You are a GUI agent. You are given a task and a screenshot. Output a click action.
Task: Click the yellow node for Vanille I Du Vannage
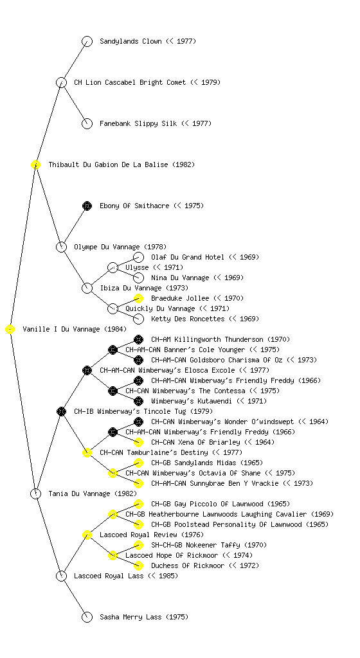click(10, 330)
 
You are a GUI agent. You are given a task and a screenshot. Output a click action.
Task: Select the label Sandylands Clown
click(130, 41)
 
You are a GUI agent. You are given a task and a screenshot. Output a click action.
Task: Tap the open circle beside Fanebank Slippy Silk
click(87, 124)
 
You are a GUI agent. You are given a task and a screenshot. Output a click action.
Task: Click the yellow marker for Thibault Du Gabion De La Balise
click(35, 165)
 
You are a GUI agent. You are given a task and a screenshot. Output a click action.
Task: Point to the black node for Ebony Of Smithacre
click(87, 206)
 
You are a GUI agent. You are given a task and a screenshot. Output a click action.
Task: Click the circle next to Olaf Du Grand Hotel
click(138, 257)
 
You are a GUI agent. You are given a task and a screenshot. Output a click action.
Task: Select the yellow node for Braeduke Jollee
click(138, 298)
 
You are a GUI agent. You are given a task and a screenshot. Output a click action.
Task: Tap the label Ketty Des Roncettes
click(188, 319)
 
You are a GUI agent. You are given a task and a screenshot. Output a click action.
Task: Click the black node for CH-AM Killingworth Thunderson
click(138, 339)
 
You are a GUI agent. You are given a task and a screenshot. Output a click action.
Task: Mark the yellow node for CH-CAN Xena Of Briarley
click(138, 442)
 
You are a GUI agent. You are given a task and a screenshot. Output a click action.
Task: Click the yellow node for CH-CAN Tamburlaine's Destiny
click(87, 452)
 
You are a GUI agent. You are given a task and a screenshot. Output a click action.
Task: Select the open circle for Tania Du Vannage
click(35, 493)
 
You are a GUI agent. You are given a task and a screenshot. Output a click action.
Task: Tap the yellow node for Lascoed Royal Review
click(87, 535)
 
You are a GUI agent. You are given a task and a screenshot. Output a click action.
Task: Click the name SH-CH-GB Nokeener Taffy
click(195, 545)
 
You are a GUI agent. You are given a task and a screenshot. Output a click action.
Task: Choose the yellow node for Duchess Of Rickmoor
click(138, 565)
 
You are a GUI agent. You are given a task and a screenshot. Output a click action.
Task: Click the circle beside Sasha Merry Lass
click(87, 617)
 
